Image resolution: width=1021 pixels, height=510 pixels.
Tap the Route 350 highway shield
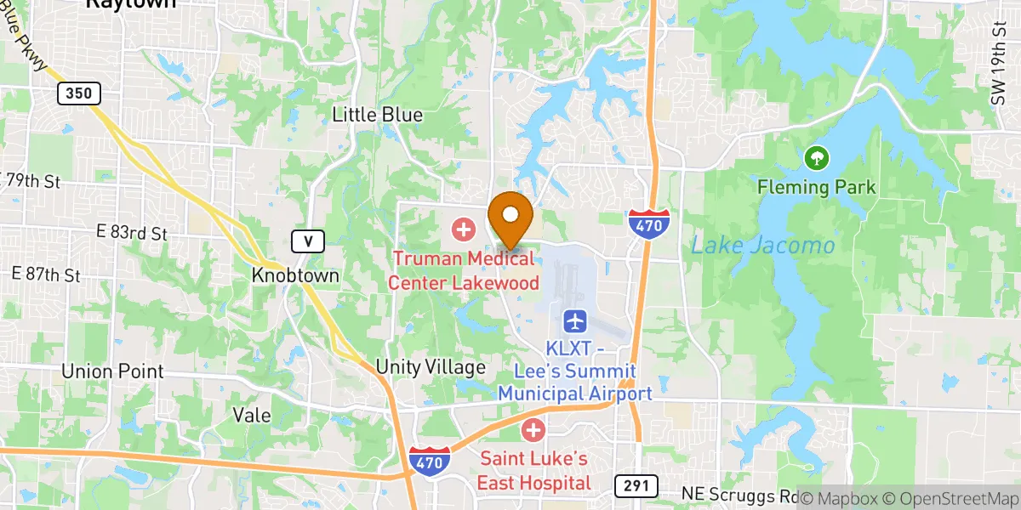[x=79, y=93]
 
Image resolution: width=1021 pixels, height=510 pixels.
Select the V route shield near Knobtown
[x=308, y=242]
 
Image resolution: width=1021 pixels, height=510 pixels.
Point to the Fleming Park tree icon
[x=816, y=157]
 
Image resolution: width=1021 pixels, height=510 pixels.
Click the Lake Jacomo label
[x=762, y=246]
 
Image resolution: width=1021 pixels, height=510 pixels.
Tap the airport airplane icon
[x=575, y=321]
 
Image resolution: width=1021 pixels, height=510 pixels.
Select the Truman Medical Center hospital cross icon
[x=464, y=228]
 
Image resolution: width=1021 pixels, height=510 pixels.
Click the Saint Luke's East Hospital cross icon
[x=533, y=430]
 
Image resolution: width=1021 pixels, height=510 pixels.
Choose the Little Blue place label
[x=377, y=115]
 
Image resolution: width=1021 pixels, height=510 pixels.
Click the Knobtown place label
[x=296, y=276]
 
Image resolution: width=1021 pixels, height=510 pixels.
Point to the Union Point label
[x=112, y=371]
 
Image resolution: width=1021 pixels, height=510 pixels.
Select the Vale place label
[x=252, y=416]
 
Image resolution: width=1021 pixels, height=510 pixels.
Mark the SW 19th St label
[x=998, y=77]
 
